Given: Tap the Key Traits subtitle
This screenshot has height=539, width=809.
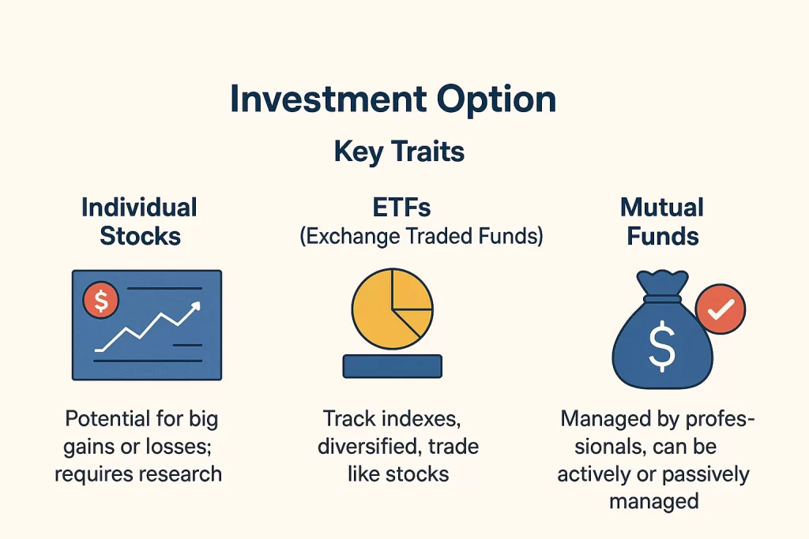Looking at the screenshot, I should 399,151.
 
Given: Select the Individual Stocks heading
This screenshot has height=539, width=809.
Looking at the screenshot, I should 140,221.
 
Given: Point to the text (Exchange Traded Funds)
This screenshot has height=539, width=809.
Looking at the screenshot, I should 421,237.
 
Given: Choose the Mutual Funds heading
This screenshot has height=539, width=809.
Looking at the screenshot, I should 662,221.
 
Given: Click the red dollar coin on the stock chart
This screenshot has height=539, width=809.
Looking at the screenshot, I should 100,301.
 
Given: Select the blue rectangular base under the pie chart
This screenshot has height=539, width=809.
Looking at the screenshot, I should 392,365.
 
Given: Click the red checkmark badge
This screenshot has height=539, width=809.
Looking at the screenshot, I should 720,312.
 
